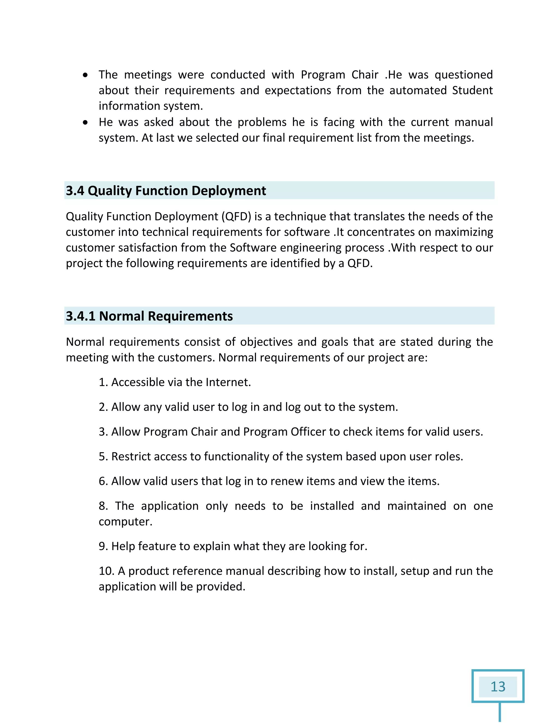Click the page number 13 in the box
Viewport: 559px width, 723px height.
pyautogui.click(x=498, y=687)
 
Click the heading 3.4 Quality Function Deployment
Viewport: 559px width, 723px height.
pyautogui.click(x=166, y=191)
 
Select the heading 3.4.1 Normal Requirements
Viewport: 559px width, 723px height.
pyautogui.click(x=149, y=316)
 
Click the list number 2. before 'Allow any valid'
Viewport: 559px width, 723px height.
pyautogui.click(x=103, y=407)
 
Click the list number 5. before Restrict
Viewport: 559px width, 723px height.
pyautogui.click(x=103, y=456)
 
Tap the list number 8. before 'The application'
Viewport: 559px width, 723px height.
pyautogui.click(x=103, y=506)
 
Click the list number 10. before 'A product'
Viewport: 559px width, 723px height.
pyautogui.click(x=106, y=571)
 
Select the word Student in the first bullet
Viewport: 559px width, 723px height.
pyautogui.click(x=472, y=90)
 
